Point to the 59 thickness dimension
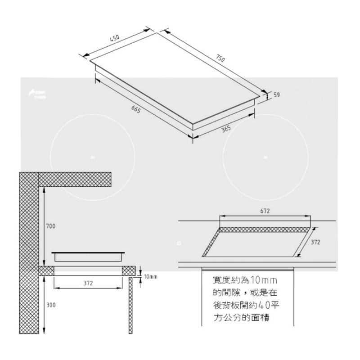click(277, 95)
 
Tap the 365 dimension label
click(226, 129)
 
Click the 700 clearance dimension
click(50, 226)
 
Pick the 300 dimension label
click(50, 305)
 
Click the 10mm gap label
click(150, 275)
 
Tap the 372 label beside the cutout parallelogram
click(316, 242)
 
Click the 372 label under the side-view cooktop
click(88, 282)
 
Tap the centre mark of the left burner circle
click(92, 157)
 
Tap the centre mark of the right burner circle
click(265, 157)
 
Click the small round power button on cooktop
click(179, 243)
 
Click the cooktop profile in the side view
click(88, 256)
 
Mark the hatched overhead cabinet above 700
click(75, 179)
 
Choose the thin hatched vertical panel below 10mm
click(130, 306)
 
